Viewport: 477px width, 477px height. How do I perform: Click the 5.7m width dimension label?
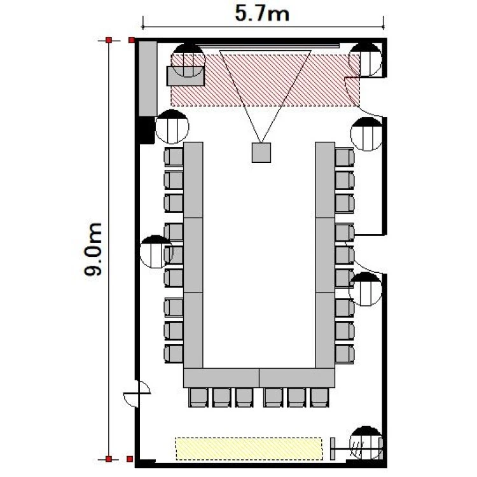pos(262,14)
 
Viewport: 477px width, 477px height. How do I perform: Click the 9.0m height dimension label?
pos(93,249)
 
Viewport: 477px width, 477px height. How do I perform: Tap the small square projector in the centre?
pos(261,153)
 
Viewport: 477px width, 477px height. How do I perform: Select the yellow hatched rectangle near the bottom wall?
pos(249,448)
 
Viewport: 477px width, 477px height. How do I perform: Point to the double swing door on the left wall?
pos(137,394)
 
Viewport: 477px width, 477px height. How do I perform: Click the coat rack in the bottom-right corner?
pos(357,448)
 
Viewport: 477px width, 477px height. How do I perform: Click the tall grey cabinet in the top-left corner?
pos(148,78)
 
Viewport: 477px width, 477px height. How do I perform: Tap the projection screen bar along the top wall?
pos(267,46)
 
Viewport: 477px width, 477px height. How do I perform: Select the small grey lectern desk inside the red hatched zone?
pos(186,76)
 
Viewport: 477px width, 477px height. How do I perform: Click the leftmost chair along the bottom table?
pos(198,397)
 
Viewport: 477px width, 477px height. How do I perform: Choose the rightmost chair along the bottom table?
pos(319,397)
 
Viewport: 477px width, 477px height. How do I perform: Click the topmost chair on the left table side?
pos(174,157)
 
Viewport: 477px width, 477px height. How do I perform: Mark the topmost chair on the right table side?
pos(345,157)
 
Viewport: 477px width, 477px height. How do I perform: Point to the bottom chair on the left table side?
pos(174,354)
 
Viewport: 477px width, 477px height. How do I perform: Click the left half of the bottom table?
pos(221,378)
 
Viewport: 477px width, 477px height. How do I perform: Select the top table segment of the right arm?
pos(325,180)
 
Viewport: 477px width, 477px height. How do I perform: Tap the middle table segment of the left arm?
pos(193,255)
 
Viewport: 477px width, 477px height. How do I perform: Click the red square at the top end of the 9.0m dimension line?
pos(109,40)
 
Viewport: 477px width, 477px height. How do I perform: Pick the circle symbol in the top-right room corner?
pos(365,60)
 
